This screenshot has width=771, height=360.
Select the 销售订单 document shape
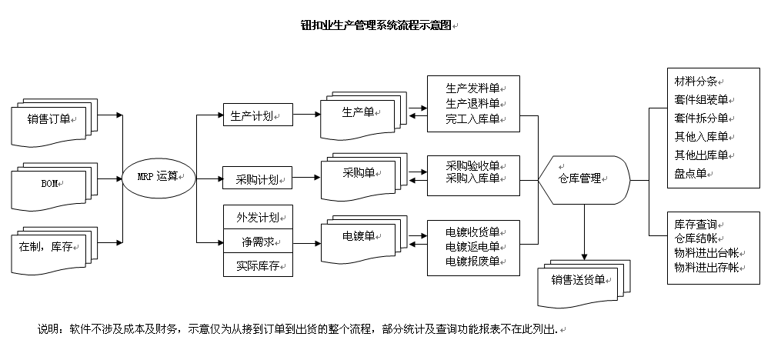pyautogui.click(x=55, y=122)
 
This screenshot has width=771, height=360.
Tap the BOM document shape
pyautogui.click(x=55, y=186)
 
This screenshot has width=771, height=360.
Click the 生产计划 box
pyautogui.click(x=258, y=115)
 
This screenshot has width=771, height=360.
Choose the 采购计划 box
pyautogui.click(x=258, y=178)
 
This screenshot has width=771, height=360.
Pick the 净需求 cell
pyautogui.click(x=258, y=242)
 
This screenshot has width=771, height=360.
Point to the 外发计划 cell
pyautogui.click(x=258, y=217)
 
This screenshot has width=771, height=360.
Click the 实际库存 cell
pyautogui.click(x=258, y=265)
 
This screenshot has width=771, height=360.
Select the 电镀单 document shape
pyautogui.click(x=364, y=239)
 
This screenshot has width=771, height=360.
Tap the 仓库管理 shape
pyautogui.click(x=584, y=180)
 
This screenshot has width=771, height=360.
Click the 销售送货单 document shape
pyautogui.click(x=584, y=283)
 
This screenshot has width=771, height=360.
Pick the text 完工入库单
pyautogui.click(x=472, y=119)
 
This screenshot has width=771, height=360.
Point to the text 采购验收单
pyautogui.click(x=472, y=165)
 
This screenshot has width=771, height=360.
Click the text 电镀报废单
pyautogui.click(x=472, y=261)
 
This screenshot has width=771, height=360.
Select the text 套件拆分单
pyautogui.click(x=701, y=118)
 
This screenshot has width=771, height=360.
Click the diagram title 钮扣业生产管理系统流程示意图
pyautogui.click(x=376, y=25)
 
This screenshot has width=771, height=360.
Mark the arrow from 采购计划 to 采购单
pyautogui.click(x=306, y=178)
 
